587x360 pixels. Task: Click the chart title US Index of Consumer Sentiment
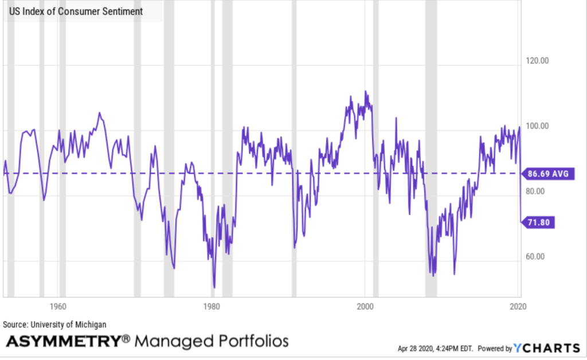pos(76,11)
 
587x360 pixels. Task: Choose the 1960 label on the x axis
pos(57,306)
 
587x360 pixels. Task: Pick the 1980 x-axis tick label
pos(212,306)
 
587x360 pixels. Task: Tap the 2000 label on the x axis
pos(366,306)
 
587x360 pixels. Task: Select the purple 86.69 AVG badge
pos(547,173)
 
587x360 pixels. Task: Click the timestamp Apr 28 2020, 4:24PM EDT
pos(436,349)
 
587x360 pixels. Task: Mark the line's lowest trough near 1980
pos(214,287)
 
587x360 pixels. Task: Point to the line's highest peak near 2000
pos(366,91)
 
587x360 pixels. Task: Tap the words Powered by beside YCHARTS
pos(495,349)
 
